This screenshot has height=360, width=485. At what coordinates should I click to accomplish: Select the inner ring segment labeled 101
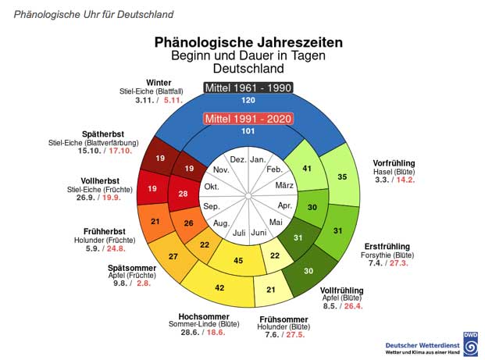248,132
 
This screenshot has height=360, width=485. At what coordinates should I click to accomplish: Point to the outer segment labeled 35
341,177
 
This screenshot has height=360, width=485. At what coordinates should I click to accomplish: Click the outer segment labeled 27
173,256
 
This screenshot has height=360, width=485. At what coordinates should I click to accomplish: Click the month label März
284,185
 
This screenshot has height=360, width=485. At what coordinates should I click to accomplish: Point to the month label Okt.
212,187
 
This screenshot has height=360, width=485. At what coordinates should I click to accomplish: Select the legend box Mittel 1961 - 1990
248,87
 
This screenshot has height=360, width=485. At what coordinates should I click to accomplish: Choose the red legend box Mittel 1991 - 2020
248,119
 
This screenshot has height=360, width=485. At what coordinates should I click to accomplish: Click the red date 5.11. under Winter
173,100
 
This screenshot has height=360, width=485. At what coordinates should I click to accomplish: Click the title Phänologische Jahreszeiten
248,42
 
